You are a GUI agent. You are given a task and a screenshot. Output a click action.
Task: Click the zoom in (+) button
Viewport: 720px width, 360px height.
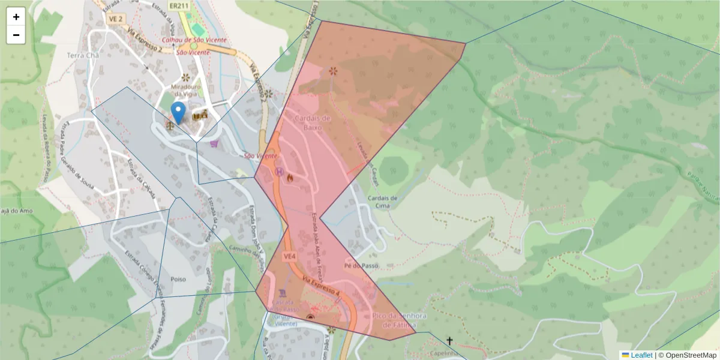point(16,17)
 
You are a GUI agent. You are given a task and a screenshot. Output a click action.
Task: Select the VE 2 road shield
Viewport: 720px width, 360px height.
point(116,19)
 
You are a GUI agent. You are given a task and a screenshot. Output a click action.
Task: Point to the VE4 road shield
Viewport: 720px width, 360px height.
point(290,257)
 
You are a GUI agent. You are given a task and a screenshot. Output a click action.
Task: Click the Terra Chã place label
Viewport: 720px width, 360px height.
point(83,55)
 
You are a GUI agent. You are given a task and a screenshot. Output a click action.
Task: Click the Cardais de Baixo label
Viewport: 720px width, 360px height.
point(312,122)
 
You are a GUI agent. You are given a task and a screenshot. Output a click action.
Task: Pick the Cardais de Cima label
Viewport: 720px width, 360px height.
point(382,202)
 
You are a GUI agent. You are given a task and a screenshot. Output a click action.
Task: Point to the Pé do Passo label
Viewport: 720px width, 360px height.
point(362,265)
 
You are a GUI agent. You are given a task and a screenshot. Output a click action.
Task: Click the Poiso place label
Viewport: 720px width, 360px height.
point(178,280)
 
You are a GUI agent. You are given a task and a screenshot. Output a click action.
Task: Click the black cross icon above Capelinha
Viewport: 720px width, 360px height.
point(449,341)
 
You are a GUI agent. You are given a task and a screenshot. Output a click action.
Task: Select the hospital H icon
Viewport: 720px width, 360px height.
point(279,172)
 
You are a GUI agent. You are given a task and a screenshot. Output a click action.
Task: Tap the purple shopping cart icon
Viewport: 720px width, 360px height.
point(215,143)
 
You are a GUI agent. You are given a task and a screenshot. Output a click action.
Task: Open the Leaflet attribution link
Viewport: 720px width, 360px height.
point(641,355)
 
